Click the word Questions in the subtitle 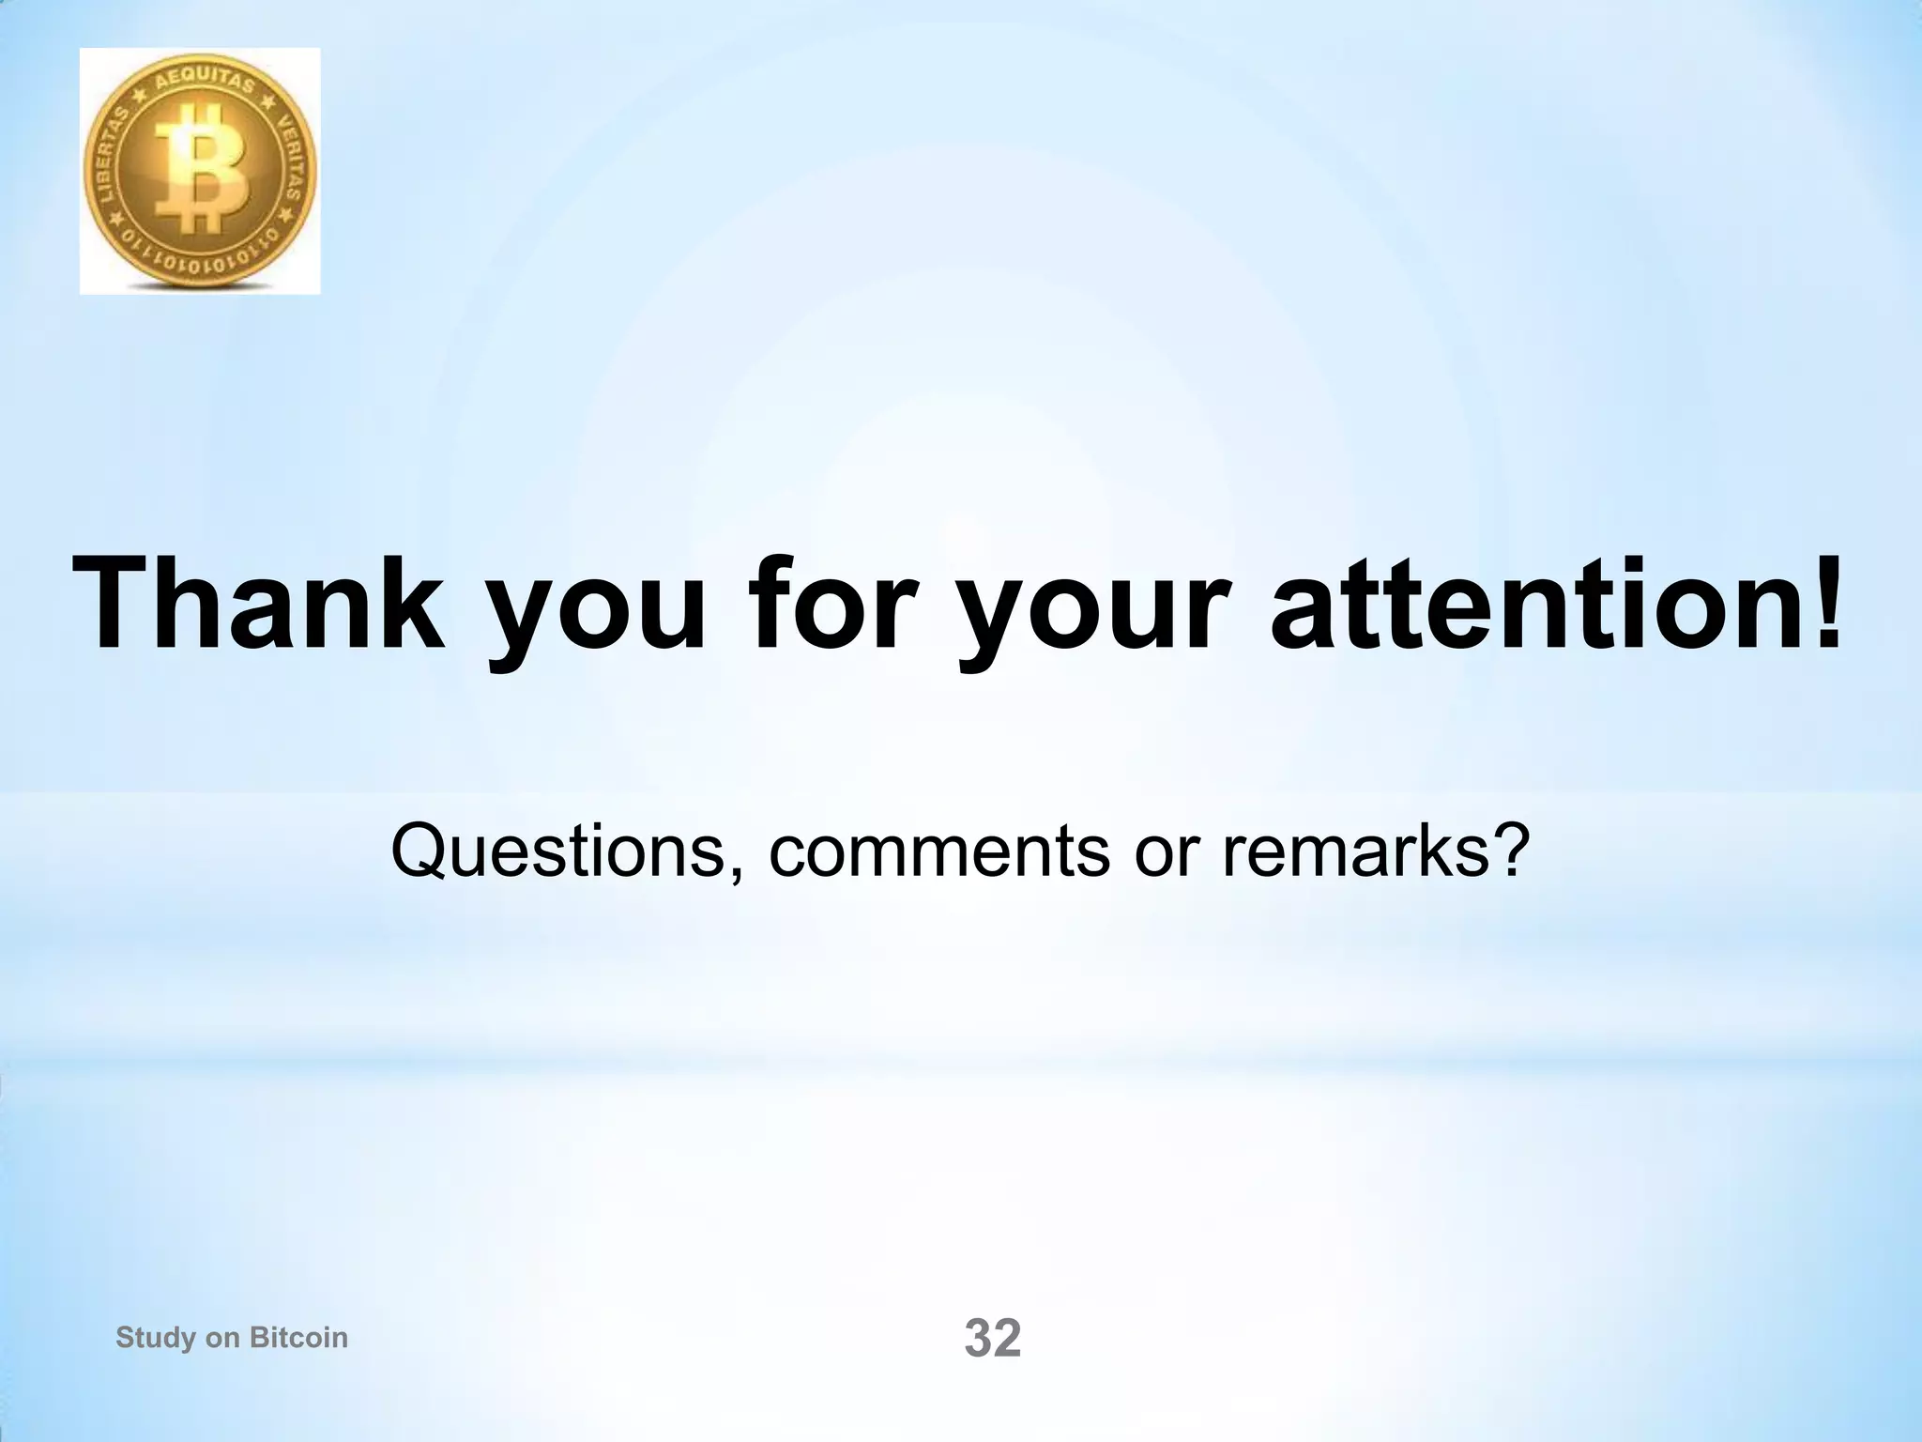[x=557, y=851]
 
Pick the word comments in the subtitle [x=938, y=851]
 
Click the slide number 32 [x=993, y=1339]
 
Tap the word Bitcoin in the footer [x=297, y=1338]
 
